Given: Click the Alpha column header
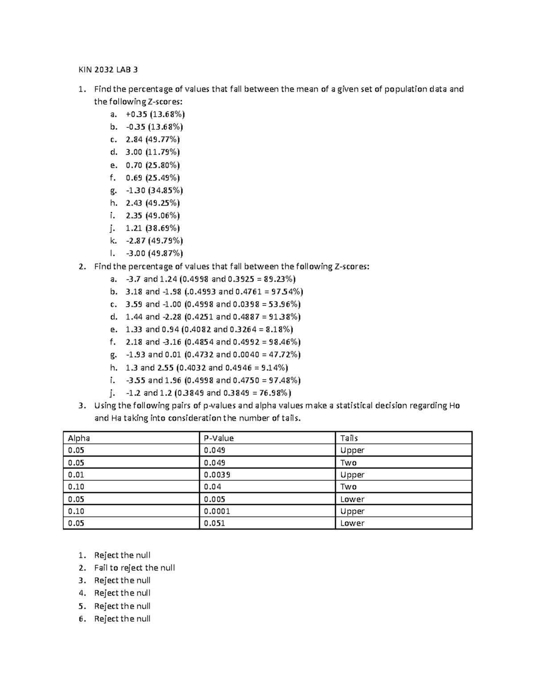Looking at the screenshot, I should [x=79, y=438].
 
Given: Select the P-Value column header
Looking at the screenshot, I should [x=218, y=438].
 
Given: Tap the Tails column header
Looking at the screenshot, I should [x=349, y=438].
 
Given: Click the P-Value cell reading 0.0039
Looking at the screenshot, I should [x=217, y=475].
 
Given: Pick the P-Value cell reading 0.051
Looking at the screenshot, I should [x=214, y=523].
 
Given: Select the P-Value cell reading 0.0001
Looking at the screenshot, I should [x=217, y=511].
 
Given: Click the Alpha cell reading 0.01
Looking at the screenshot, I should [x=76, y=475].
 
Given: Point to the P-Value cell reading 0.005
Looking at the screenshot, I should [x=214, y=499].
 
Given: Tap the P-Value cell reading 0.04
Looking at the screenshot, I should [x=213, y=487].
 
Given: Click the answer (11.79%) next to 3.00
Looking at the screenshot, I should [x=163, y=152].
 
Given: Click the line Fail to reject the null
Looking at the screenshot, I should [x=134, y=568].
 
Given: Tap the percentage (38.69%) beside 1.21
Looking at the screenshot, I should [x=163, y=228].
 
